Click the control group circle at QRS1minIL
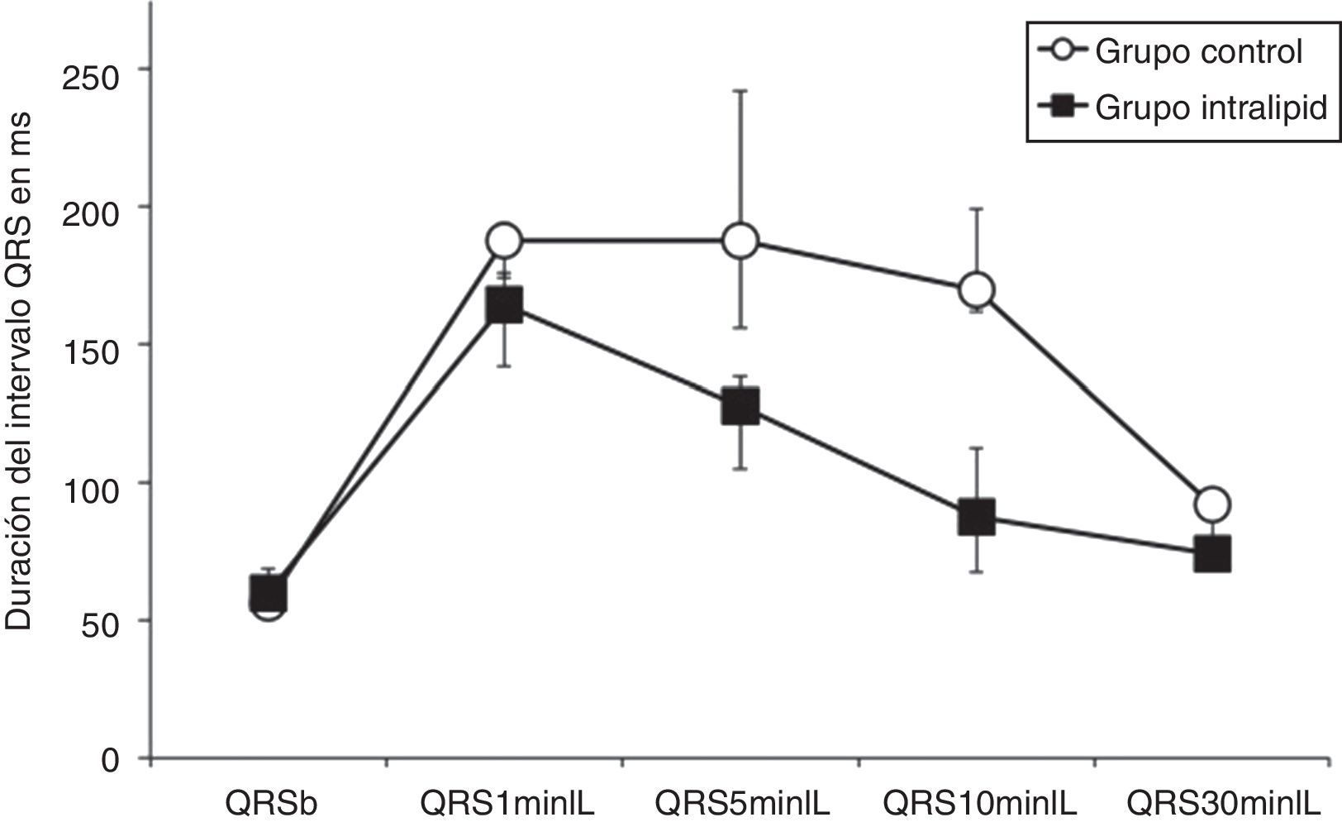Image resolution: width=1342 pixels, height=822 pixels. pyautogui.click(x=504, y=241)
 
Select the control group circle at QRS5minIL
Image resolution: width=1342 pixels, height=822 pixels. pyautogui.click(x=740, y=241)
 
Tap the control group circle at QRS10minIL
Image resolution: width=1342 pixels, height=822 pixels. pyautogui.click(x=976, y=290)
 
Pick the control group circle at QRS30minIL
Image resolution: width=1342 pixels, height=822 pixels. pyautogui.click(x=1212, y=504)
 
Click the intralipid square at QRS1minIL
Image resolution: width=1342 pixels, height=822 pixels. pyautogui.click(x=504, y=305)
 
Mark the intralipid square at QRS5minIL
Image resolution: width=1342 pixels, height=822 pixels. pyautogui.click(x=740, y=408)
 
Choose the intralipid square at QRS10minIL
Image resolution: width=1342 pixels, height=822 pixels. pyautogui.click(x=976, y=517)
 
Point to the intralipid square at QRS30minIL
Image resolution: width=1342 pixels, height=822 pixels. pyautogui.click(x=1212, y=553)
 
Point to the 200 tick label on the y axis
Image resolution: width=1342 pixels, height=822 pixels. pyautogui.click(x=92, y=208)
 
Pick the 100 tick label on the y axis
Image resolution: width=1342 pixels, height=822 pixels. pyautogui.click(x=92, y=484)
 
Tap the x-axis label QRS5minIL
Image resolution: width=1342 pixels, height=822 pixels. pyautogui.click(x=742, y=803)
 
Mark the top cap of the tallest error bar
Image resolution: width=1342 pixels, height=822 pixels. pyautogui.click(x=740, y=91)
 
